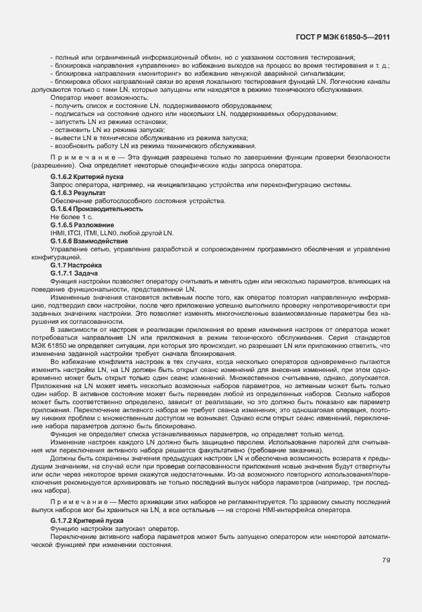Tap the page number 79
pos(386,560)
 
